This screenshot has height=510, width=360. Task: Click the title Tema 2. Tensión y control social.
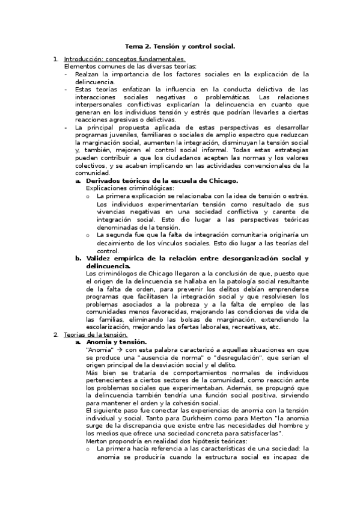[x=180, y=46]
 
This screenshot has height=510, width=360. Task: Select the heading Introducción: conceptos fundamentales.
[x=124, y=59]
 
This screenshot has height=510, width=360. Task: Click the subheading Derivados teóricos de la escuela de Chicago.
[x=162, y=180]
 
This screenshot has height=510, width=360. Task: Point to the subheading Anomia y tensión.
[x=112, y=342]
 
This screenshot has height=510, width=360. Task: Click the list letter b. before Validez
[x=78, y=259]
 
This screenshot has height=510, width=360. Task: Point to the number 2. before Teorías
[x=56, y=334]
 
